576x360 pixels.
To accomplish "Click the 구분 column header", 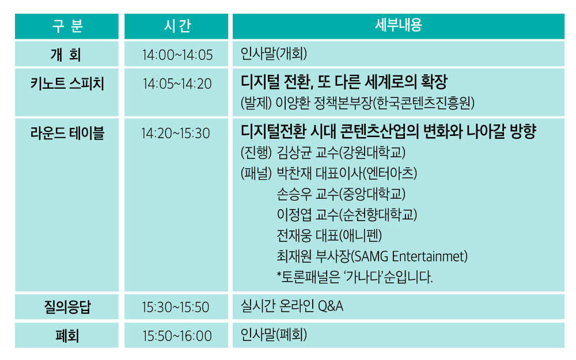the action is (x=67, y=26).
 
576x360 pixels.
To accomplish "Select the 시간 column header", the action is (x=177, y=26).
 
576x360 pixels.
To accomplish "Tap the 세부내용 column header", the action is (x=398, y=25).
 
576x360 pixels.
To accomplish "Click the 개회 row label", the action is (x=66, y=55).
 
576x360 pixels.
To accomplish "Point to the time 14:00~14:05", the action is (x=177, y=55).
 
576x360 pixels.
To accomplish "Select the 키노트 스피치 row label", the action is (x=67, y=84).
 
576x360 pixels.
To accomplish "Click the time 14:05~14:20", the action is (x=177, y=84).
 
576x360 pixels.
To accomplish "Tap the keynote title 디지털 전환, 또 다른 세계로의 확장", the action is (x=344, y=82).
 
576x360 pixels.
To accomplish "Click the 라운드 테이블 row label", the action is (x=67, y=133).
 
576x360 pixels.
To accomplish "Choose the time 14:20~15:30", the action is (x=176, y=134).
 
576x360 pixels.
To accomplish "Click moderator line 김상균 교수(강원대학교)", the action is (x=341, y=153).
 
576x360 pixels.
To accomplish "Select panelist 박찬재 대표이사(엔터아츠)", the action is (x=347, y=173).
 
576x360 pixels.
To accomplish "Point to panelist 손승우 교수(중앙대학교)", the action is (x=341, y=194).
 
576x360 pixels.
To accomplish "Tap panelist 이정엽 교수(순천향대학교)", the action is (x=347, y=214).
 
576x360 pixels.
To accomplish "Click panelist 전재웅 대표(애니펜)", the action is (x=329, y=236).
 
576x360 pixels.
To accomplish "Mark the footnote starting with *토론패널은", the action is (x=354, y=277).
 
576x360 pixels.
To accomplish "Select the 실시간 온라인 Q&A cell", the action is (x=291, y=306).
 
